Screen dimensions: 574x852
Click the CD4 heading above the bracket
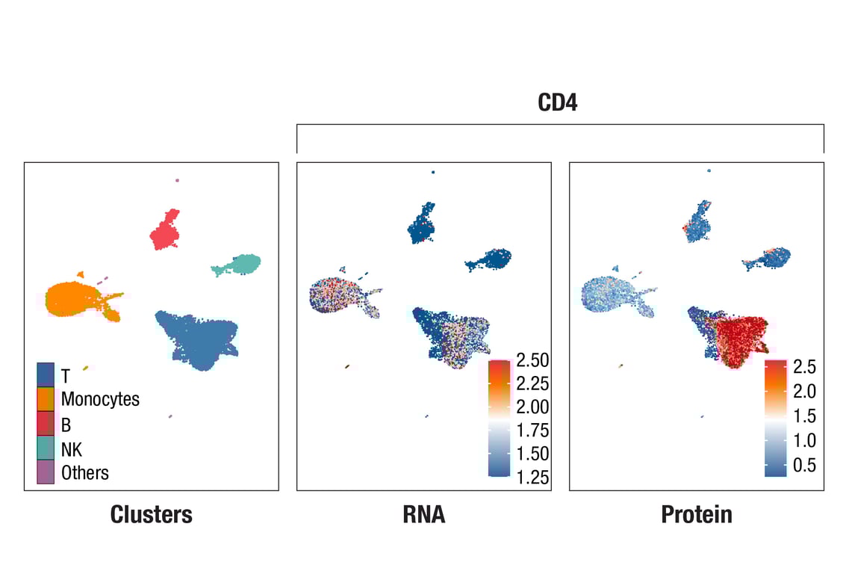558,102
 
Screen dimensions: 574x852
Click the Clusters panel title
151,514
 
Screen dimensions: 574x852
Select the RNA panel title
423,514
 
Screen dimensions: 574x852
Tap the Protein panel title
696,514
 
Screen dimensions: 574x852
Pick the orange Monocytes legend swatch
46,399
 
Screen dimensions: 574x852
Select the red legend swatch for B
46,424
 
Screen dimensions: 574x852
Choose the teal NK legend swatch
46,448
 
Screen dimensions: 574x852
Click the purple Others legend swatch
46,472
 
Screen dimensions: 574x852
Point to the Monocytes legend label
100,399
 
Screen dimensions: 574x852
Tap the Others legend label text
84,473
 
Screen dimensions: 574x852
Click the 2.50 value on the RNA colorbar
532,360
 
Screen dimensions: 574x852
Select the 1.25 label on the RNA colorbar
532,478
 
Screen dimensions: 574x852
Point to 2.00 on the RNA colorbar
532,407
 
